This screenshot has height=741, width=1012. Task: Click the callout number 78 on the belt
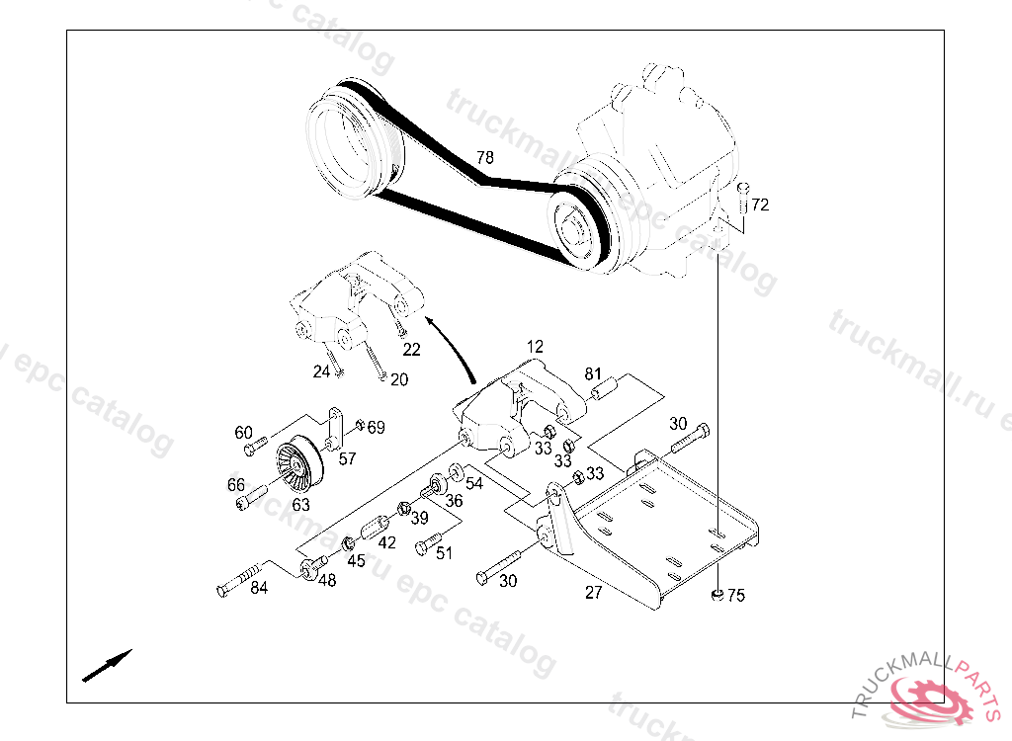click(x=484, y=158)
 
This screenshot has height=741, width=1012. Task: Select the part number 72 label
click(x=760, y=206)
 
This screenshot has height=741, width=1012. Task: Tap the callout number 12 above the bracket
click(x=535, y=347)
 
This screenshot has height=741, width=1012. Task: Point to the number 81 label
click(x=593, y=373)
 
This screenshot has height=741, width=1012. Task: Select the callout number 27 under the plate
click(x=593, y=593)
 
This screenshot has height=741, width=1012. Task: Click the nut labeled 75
click(x=714, y=594)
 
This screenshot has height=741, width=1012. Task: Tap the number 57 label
click(x=347, y=458)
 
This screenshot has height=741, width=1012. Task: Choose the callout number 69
click(x=376, y=428)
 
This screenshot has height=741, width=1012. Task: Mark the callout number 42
click(x=386, y=542)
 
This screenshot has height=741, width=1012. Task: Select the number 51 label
click(x=445, y=553)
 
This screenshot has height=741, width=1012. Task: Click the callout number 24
click(x=321, y=371)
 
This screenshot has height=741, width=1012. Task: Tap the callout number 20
click(x=398, y=379)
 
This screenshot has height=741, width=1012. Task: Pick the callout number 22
click(x=411, y=349)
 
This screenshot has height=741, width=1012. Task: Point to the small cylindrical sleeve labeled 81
click(x=604, y=388)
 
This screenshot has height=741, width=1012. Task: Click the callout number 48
click(x=327, y=581)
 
